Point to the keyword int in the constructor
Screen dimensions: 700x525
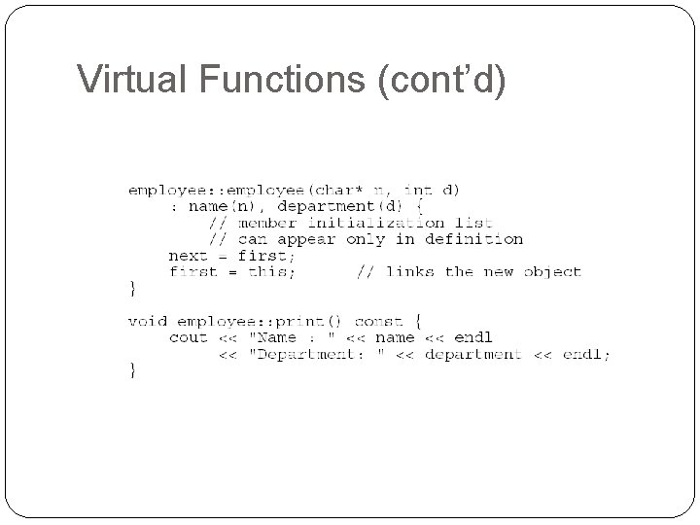click(418, 190)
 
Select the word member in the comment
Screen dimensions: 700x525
click(268, 223)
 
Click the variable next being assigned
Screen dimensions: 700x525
click(188, 256)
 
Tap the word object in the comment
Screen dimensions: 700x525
click(552, 272)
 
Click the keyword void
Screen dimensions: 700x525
click(148, 321)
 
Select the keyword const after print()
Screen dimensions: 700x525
click(378, 321)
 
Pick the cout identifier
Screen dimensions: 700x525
click(188, 337)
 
